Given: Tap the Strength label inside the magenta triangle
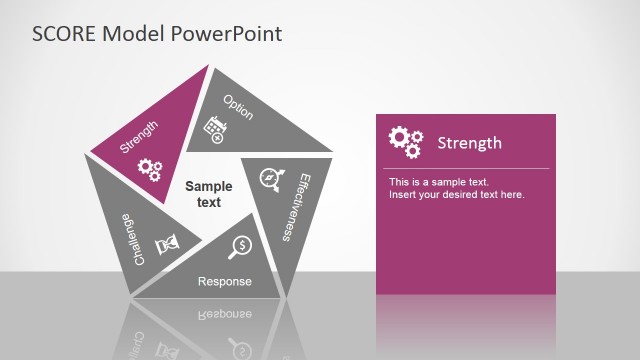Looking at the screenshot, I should click(x=139, y=136).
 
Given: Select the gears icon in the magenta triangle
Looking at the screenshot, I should click(x=149, y=169).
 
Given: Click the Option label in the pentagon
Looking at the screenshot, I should click(x=238, y=107).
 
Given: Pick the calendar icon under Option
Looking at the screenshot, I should click(x=213, y=129).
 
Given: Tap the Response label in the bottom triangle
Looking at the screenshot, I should click(x=224, y=282).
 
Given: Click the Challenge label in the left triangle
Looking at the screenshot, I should click(x=140, y=238).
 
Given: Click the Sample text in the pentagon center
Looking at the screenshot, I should click(x=208, y=194).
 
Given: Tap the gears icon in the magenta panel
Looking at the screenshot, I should click(x=405, y=142).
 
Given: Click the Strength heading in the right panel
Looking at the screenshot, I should click(x=469, y=143).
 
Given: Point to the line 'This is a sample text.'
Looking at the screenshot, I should click(x=439, y=182).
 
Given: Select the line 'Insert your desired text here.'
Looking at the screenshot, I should click(x=456, y=194).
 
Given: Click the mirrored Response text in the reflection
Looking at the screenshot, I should click(x=224, y=313).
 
